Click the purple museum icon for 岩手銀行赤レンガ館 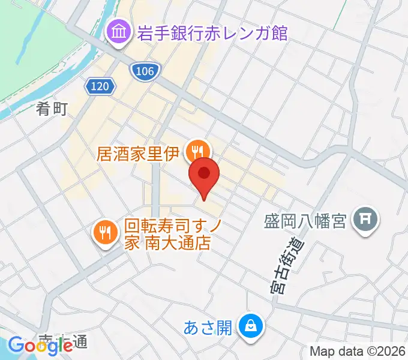[x=118, y=31]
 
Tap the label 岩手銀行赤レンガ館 [x=212, y=32]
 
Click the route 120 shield [x=100, y=87]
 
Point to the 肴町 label [x=52, y=109]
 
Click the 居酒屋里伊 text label [x=138, y=154]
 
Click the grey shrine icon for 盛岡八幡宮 [x=364, y=220]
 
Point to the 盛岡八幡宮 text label [x=305, y=221]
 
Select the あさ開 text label [x=208, y=328]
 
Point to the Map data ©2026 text [x=358, y=350]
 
